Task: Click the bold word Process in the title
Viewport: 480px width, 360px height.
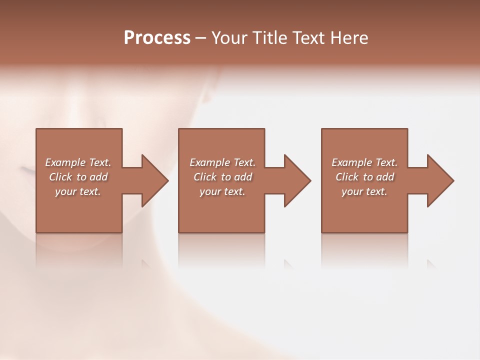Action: [157, 38]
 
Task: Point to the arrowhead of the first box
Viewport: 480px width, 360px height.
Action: [153, 180]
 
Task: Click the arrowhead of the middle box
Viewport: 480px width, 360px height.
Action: [295, 180]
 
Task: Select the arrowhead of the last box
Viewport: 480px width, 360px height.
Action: [438, 180]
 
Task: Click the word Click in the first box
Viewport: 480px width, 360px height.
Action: [60, 177]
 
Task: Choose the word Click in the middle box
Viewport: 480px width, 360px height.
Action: [205, 177]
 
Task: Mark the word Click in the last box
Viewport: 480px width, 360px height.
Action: [347, 177]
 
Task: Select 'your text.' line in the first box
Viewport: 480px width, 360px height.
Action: [78, 191]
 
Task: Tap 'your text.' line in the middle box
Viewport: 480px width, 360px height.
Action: [222, 191]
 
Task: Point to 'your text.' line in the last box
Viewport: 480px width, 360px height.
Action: [364, 191]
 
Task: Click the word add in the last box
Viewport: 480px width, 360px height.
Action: [385, 177]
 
